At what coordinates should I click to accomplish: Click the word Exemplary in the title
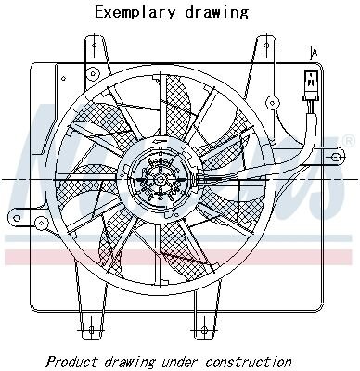coord(135,13)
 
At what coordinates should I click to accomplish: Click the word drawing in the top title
coord(217,13)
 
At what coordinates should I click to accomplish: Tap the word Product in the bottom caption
coord(72,362)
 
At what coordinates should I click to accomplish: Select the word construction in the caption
coord(249,362)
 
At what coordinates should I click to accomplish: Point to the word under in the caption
coord(180,362)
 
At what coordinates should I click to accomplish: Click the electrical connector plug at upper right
coord(310,85)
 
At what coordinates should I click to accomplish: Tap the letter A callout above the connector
coord(314,54)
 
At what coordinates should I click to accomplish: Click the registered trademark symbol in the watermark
coord(348,141)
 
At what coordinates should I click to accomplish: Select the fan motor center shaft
coord(161,179)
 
